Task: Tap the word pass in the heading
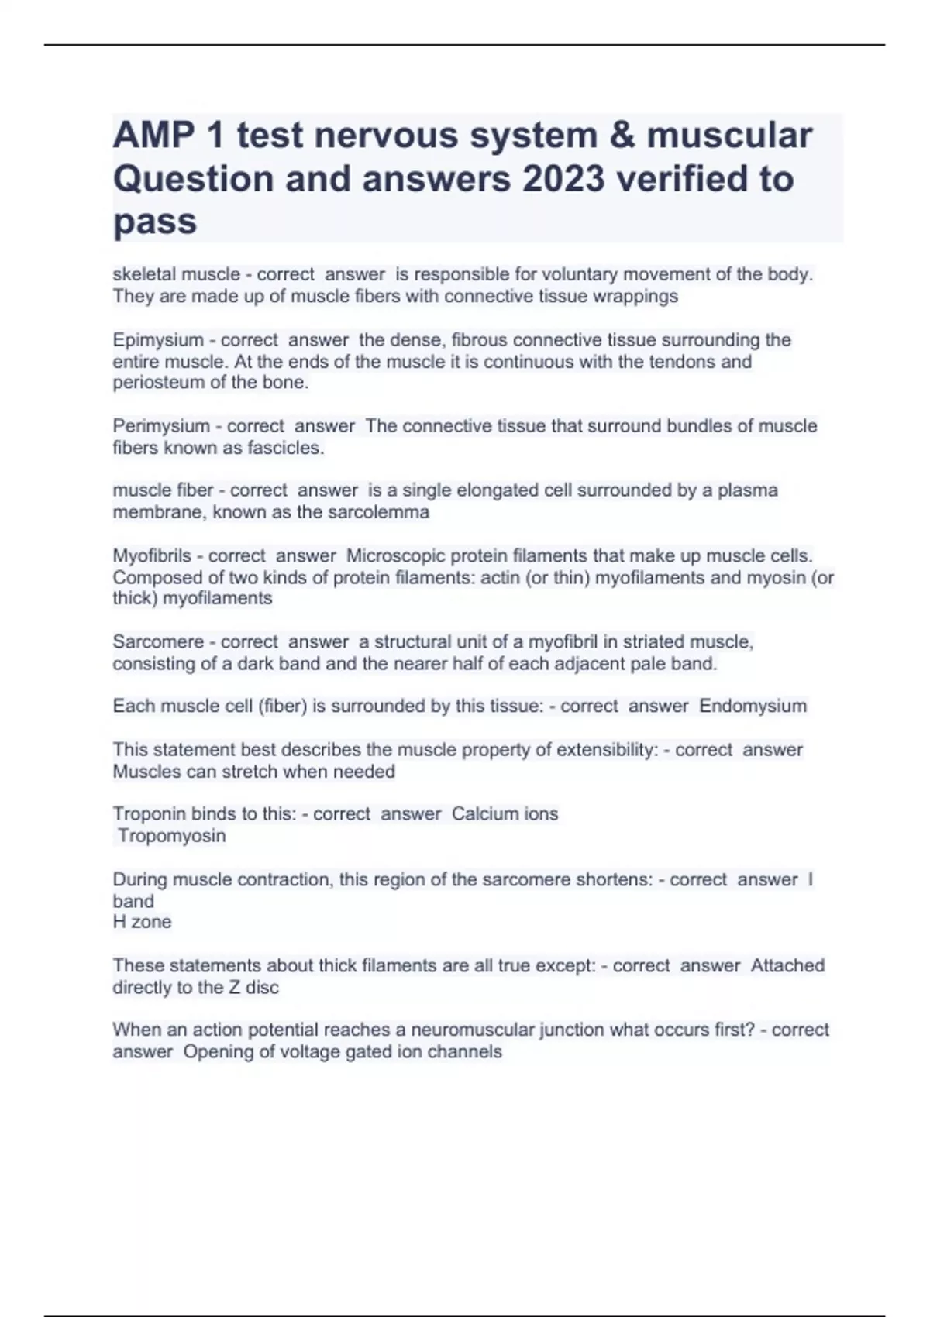point(155,222)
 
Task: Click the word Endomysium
point(753,706)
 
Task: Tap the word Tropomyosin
point(171,836)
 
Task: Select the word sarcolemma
point(380,512)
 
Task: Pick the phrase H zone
point(143,922)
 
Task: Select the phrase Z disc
point(253,987)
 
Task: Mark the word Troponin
point(150,814)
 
